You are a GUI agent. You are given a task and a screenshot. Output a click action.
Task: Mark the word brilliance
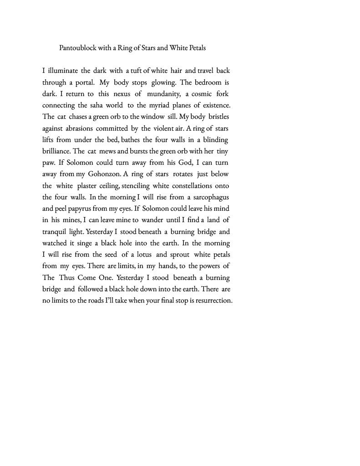coord(56,151)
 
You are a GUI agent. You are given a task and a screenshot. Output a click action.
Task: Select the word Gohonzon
coord(102,174)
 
